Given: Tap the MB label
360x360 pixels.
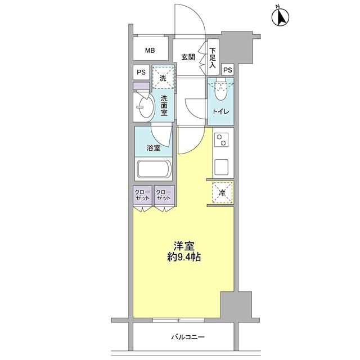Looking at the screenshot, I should (x=150, y=51).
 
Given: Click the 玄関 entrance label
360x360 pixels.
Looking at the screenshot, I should (x=188, y=56).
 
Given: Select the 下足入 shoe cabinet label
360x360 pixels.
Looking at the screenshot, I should (x=213, y=58).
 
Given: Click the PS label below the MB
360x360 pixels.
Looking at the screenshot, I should (x=141, y=73).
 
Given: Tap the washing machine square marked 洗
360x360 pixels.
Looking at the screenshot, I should (x=163, y=78).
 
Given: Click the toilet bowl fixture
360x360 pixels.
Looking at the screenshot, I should (x=220, y=88).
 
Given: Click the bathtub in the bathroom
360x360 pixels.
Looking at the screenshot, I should (x=154, y=170).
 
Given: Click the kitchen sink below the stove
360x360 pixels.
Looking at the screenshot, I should (x=221, y=166).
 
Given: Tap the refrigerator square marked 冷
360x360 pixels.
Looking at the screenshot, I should (x=222, y=193).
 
